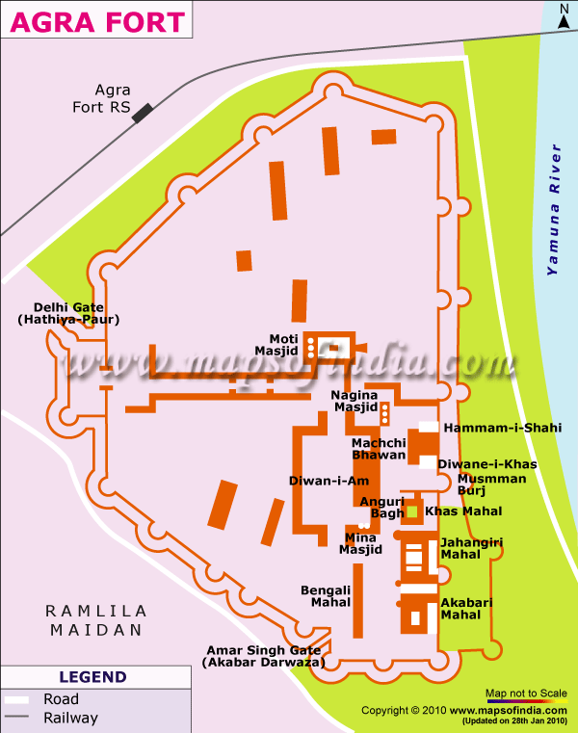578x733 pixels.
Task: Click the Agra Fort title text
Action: click(94, 19)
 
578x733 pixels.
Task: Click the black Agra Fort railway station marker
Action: click(144, 113)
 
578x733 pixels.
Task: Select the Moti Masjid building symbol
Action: click(330, 349)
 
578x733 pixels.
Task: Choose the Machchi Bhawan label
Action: click(379, 448)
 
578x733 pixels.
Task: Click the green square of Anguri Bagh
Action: click(412, 511)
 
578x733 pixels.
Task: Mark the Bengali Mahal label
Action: click(325, 595)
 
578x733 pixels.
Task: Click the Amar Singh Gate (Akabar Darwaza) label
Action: click(264, 656)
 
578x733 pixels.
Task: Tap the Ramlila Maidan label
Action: click(96, 621)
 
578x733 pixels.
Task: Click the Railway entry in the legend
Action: click(70, 718)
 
